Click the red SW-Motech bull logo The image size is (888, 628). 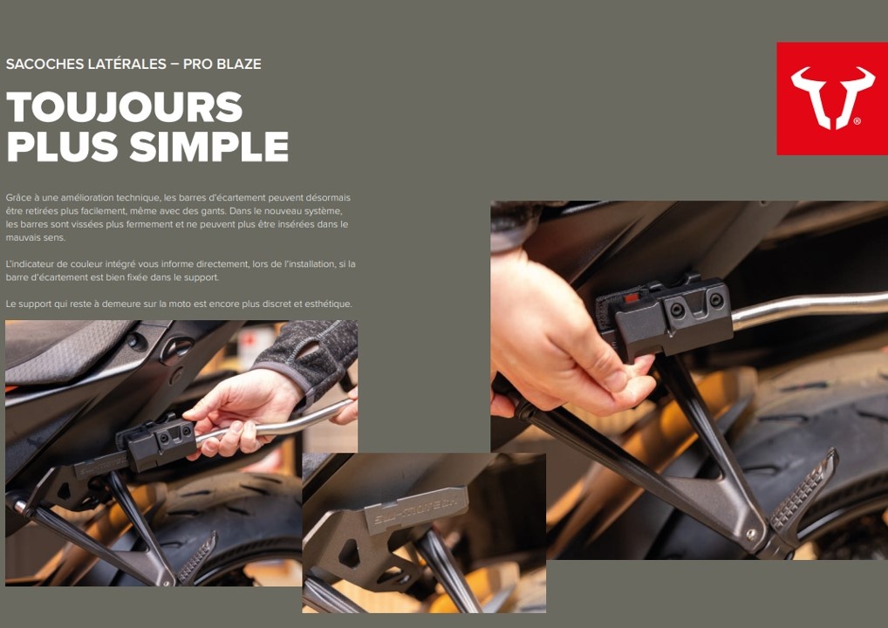[832, 99]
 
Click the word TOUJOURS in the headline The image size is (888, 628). [125, 107]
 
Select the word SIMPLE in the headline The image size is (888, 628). [209, 147]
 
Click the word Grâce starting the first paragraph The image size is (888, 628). [17, 198]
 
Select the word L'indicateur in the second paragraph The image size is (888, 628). [29, 264]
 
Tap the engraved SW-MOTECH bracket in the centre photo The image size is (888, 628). [417, 510]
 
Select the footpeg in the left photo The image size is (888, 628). [198, 557]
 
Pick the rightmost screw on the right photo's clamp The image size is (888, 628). [716, 300]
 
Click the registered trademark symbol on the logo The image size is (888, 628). [857, 121]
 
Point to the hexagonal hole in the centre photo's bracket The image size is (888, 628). [348, 553]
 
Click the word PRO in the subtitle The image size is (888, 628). [197, 64]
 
